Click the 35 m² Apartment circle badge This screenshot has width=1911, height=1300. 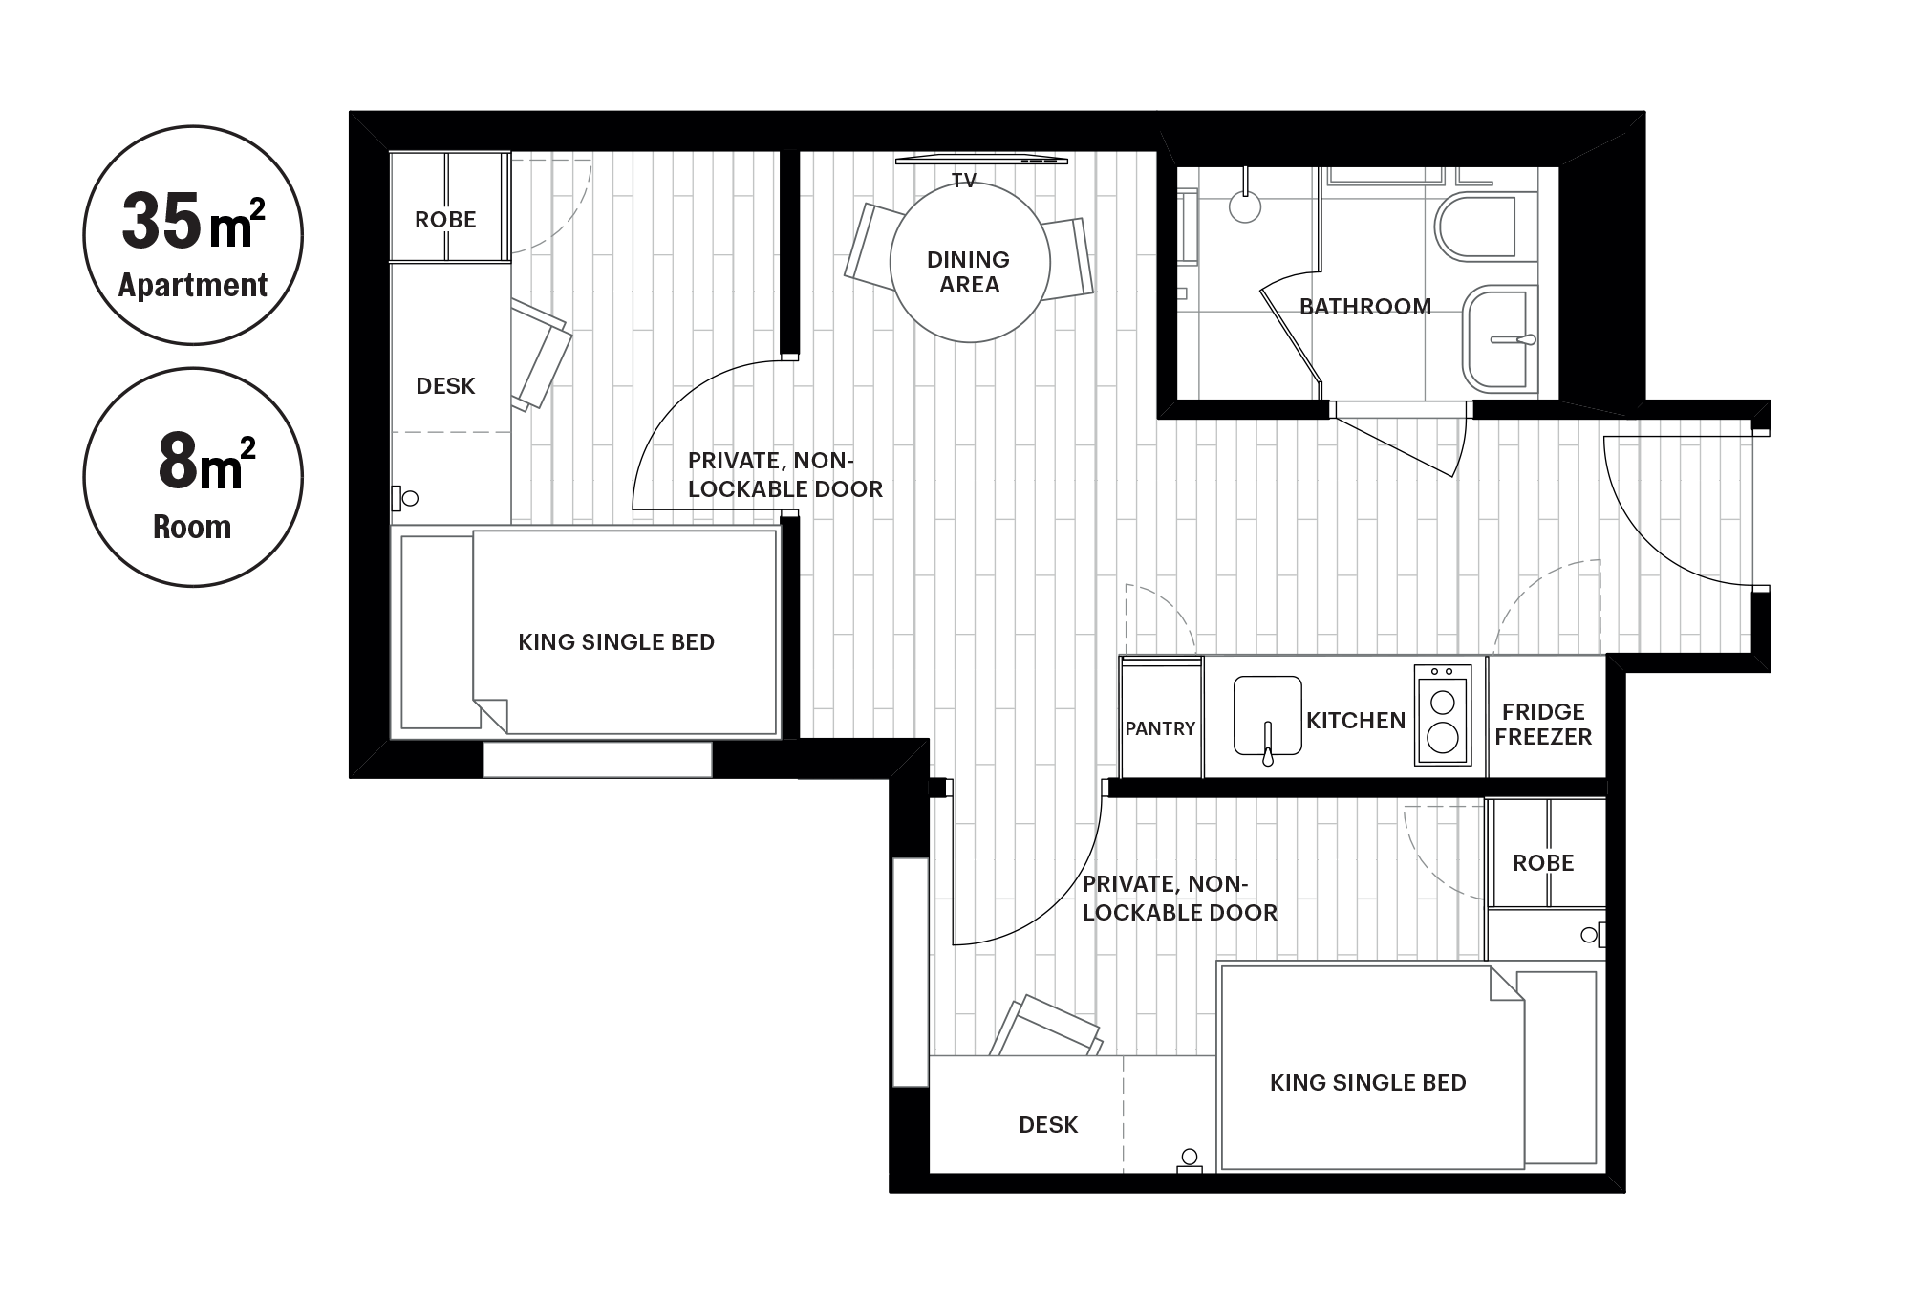click(x=193, y=235)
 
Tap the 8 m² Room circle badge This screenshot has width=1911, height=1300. click(x=193, y=477)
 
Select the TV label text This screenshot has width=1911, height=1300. click(x=963, y=180)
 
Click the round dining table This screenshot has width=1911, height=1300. click(x=970, y=262)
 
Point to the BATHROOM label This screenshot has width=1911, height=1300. click(x=1365, y=307)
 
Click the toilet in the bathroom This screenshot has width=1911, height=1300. click(x=1476, y=228)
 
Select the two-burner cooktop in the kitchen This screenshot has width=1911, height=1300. click(x=1443, y=714)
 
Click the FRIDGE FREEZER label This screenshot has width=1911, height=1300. click(x=1543, y=724)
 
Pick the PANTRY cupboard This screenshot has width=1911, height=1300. click(x=1161, y=718)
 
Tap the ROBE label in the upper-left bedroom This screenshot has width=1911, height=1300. click(x=445, y=220)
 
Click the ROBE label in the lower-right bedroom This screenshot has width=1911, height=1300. click(x=1543, y=863)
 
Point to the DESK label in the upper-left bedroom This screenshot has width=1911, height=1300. click(x=446, y=386)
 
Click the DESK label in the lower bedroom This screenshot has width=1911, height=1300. click(x=1048, y=1125)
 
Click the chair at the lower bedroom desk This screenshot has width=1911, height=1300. click(x=1046, y=1028)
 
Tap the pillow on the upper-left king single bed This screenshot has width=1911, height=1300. click(x=438, y=632)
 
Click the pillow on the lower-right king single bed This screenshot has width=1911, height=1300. click(x=1557, y=1068)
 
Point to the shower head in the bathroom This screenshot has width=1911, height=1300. click(x=1245, y=206)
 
